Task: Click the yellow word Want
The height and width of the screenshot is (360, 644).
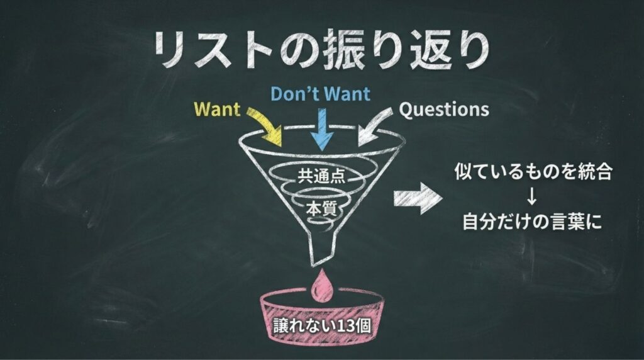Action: click(217, 109)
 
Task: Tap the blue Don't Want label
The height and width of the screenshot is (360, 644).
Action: click(320, 94)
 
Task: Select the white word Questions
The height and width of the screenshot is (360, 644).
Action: click(444, 110)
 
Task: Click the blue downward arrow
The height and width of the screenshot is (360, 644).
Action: click(321, 129)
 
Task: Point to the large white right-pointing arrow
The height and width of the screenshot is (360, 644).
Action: click(418, 198)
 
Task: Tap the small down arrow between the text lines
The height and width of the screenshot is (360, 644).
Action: click(532, 196)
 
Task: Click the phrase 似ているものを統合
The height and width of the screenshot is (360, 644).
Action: click(533, 171)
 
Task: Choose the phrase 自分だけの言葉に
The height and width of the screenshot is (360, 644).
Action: click(532, 222)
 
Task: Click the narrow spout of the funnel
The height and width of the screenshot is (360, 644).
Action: click(323, 247)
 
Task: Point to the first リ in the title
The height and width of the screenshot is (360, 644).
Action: click(170, 50)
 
